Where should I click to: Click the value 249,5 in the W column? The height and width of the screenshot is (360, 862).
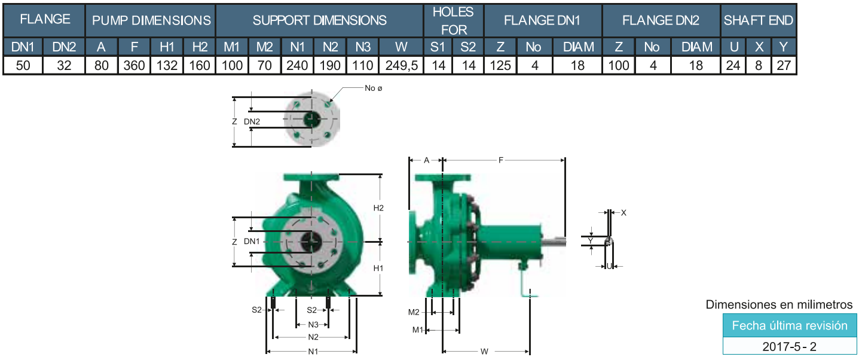[x=401, y=65]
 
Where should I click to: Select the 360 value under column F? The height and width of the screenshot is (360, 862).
[x=134, y=65]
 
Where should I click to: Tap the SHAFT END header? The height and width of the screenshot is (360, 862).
[x=758, y=20]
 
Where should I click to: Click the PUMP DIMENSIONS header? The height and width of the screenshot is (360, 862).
[x=151, y=20]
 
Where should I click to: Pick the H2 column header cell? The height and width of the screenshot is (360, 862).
[x=200, y=47]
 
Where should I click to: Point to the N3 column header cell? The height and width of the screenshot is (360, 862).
[x=363, y=47]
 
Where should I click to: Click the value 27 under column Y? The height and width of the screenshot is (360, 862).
[x=784, y=65]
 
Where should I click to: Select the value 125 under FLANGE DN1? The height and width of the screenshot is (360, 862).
[x=500, y=65]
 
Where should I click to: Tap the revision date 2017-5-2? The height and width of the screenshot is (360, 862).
[x=789, y=346]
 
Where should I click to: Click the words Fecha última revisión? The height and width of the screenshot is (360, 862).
[x=790, y=326]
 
